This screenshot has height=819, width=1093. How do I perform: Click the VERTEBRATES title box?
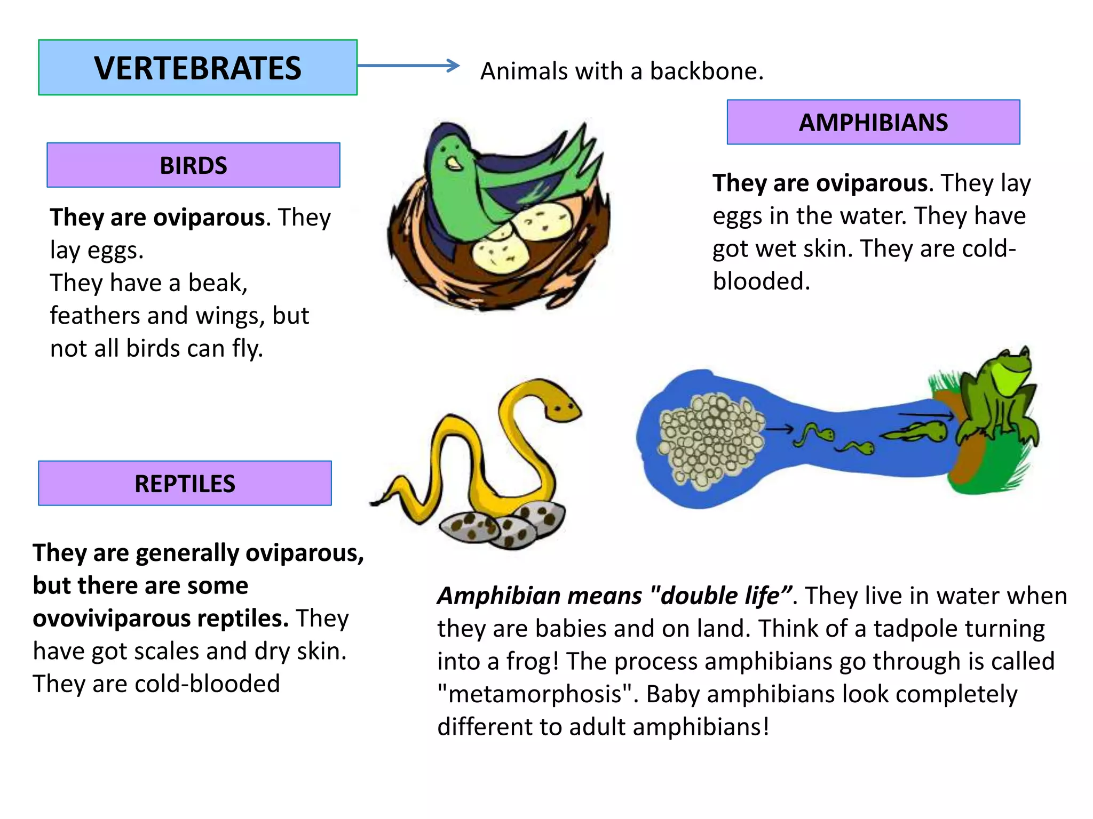[197, 68]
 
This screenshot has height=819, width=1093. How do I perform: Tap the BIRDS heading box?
[193, 165]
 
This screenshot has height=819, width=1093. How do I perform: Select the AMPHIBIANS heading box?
[873, 122]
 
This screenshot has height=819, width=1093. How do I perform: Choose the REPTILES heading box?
[185, 484]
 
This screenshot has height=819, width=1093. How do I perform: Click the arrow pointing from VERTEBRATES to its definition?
[408, 66]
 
